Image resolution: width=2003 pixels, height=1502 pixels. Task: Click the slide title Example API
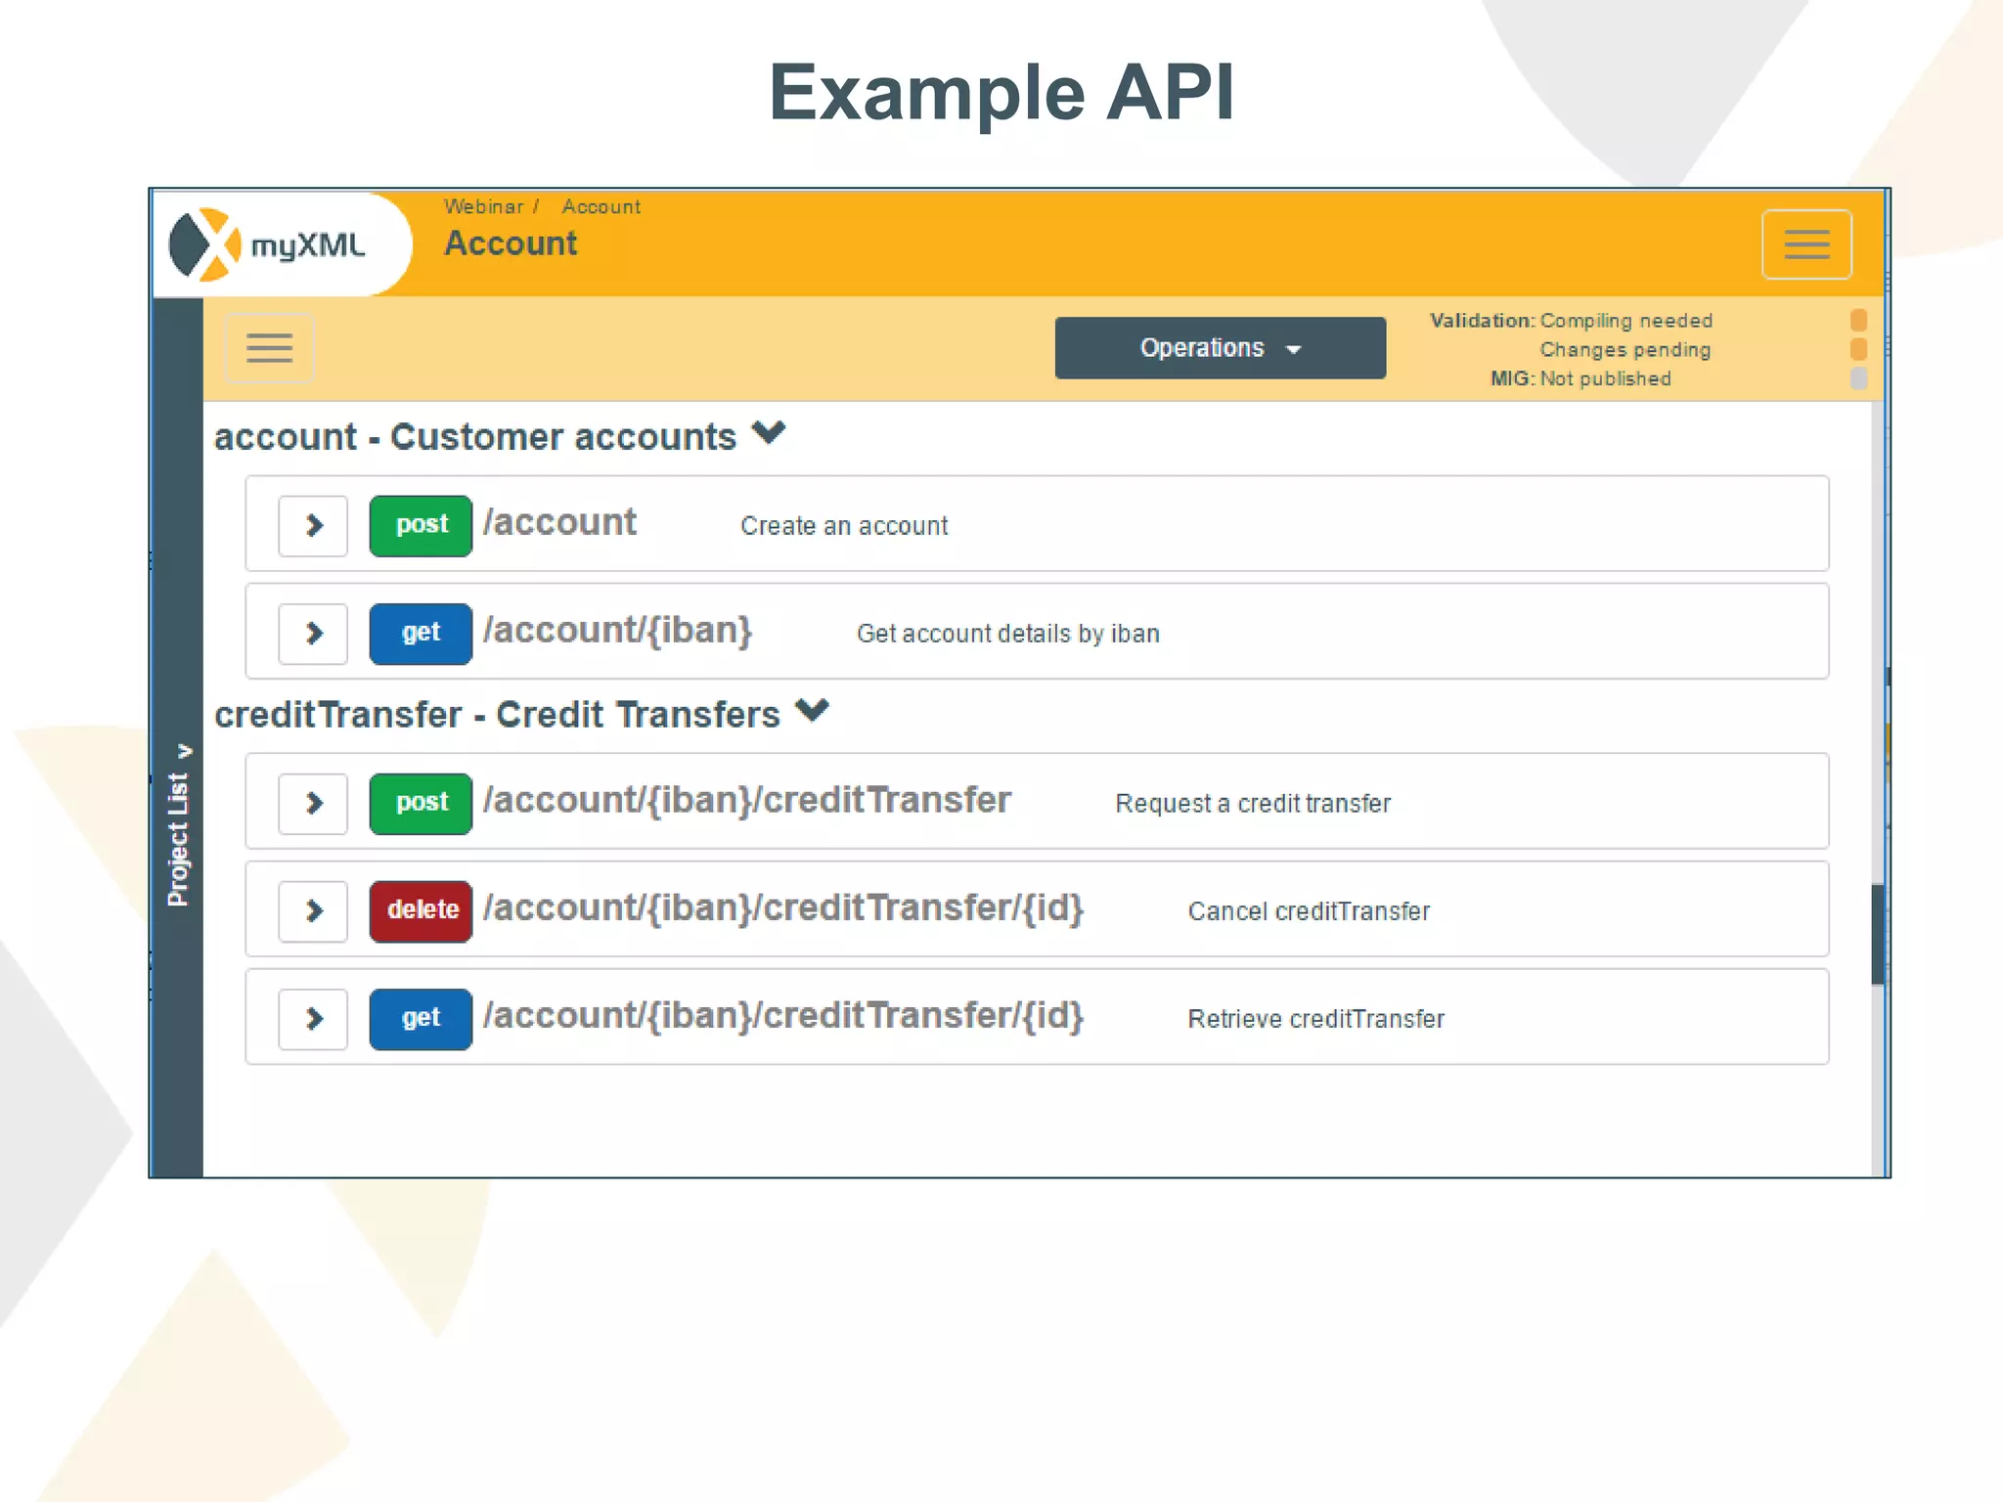(1001, 93)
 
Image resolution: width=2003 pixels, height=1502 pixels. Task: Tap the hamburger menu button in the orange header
(1805, 244)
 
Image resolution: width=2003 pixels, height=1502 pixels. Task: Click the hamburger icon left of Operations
(269, 348)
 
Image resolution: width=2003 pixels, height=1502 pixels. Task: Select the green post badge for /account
(421, 526)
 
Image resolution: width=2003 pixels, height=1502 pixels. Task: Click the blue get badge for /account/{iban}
(421, 634)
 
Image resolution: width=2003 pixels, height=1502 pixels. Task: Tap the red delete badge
(421, 911)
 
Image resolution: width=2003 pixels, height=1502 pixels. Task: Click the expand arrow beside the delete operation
(313, 911)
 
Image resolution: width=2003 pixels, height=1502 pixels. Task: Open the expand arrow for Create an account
(313, 526)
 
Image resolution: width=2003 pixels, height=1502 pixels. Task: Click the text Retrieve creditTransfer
(1315, 1019)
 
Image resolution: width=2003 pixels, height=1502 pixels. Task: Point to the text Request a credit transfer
(1252, 804)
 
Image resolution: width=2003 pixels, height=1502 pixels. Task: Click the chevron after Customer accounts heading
(769, 432)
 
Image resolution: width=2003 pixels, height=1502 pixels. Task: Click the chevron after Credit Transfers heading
(812, 710)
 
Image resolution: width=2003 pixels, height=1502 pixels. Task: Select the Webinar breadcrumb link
(483, 206)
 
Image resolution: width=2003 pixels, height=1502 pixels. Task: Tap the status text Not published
(1605, 378)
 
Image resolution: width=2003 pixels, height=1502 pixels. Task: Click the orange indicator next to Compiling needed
(1858, 321)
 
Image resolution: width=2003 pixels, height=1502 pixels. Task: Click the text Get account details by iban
(1007, 634)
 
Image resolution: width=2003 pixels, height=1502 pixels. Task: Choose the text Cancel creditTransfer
(1309, 911)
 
